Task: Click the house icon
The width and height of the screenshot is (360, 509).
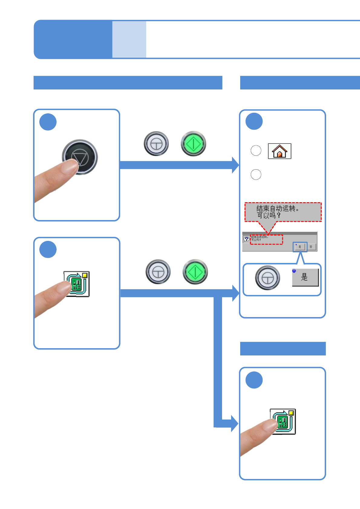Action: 280,151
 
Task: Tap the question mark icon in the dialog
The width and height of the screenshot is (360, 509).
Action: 247,239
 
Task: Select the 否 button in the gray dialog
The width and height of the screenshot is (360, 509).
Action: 311,247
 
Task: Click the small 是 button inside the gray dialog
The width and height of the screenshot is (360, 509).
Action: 300,247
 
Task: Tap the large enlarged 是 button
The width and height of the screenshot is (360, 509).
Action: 305,277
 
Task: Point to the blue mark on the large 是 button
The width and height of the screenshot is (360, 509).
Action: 294,271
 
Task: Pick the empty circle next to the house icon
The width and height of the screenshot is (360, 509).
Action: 256,151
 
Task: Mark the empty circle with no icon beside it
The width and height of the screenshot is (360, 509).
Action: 256,174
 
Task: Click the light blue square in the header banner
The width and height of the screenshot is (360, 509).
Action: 129,39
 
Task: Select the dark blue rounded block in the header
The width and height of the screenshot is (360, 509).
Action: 73,39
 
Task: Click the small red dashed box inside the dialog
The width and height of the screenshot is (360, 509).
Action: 267,239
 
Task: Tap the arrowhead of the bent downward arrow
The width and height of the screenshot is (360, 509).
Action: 235,423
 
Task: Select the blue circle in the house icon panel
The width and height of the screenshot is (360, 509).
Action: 254,122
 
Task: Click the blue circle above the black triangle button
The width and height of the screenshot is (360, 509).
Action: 48,122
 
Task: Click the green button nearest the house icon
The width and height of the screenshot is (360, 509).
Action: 194,144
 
